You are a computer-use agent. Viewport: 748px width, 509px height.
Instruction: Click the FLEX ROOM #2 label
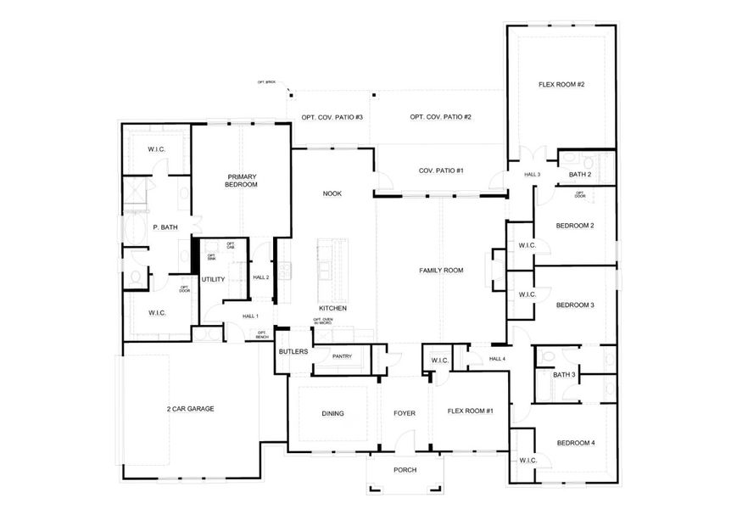[561, 85]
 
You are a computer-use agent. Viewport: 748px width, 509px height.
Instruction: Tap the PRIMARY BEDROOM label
[242, 181]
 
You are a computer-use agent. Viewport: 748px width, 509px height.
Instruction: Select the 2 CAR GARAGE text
[190, 409]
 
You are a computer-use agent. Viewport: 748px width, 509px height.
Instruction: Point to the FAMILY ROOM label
[441, 271]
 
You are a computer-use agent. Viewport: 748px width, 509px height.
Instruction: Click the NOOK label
[332, 193]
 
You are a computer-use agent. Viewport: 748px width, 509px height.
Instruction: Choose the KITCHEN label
[332, 308]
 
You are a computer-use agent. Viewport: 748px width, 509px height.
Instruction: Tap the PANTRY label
[343, 356]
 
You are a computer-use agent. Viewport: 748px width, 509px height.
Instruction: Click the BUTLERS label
[293, 351]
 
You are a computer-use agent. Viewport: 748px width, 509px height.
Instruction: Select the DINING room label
[332, 414]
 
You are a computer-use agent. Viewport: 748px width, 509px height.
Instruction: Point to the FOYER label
[405, 414]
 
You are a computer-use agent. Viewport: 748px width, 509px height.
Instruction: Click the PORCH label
[405, 470]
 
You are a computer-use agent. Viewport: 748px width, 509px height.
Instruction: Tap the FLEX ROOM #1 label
[471, 411]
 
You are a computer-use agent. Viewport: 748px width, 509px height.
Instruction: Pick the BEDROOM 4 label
[575, 443]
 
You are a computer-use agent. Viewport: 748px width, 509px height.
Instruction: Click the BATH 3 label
[564, 374]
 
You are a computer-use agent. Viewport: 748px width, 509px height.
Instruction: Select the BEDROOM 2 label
[574, 226]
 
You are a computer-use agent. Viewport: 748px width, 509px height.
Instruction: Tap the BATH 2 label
[579, 175]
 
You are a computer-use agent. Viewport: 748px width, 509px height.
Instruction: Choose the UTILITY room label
[213, 278]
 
